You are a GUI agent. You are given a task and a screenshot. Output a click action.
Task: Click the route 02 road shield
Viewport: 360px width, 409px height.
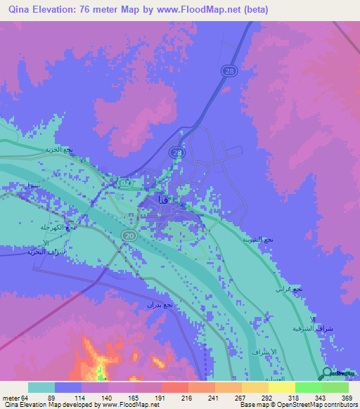pos(125,183)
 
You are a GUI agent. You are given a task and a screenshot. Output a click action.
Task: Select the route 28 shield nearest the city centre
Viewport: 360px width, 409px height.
pos(176,152)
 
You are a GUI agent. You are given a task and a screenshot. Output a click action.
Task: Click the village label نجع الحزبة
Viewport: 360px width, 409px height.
pos(58,150)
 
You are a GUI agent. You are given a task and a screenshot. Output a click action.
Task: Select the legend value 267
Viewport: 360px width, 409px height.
pos(221,398)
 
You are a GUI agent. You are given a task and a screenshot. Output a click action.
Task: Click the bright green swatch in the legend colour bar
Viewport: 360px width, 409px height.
pos(308,387)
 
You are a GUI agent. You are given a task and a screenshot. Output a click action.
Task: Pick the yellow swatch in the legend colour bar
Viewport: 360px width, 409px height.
pos(281,387)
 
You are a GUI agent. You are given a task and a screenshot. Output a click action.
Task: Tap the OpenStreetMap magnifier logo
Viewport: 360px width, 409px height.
pos(328,373)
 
